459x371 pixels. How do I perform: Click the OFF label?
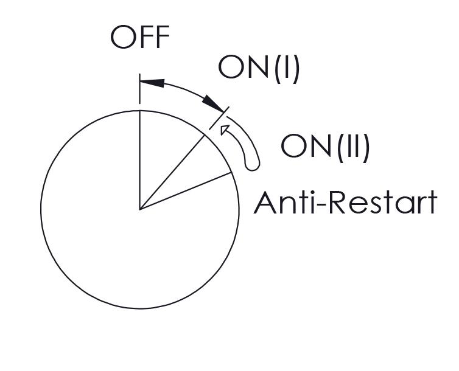[x=140, y=37]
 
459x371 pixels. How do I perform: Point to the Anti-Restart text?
[x=345, y=203]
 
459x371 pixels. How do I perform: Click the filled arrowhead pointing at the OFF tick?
[x=152, y=82]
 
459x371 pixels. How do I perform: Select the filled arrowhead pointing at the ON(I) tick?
[x=213, y=104]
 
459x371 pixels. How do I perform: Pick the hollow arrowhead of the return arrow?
[x=225, y=130]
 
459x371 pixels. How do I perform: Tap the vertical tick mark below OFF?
[x=140, y=89]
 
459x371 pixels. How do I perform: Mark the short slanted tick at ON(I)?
[x=219, y=118]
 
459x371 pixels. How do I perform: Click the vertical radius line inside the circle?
[x=140, y=160]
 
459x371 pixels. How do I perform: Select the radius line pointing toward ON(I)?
[x=172, y=173]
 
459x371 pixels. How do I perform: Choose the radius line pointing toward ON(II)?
[x=186, y=191]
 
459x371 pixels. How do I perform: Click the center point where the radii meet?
[x=140, y=210]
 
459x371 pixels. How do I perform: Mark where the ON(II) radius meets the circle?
[x=232, y=173]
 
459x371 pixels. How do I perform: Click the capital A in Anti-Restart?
[x=265, y=203]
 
